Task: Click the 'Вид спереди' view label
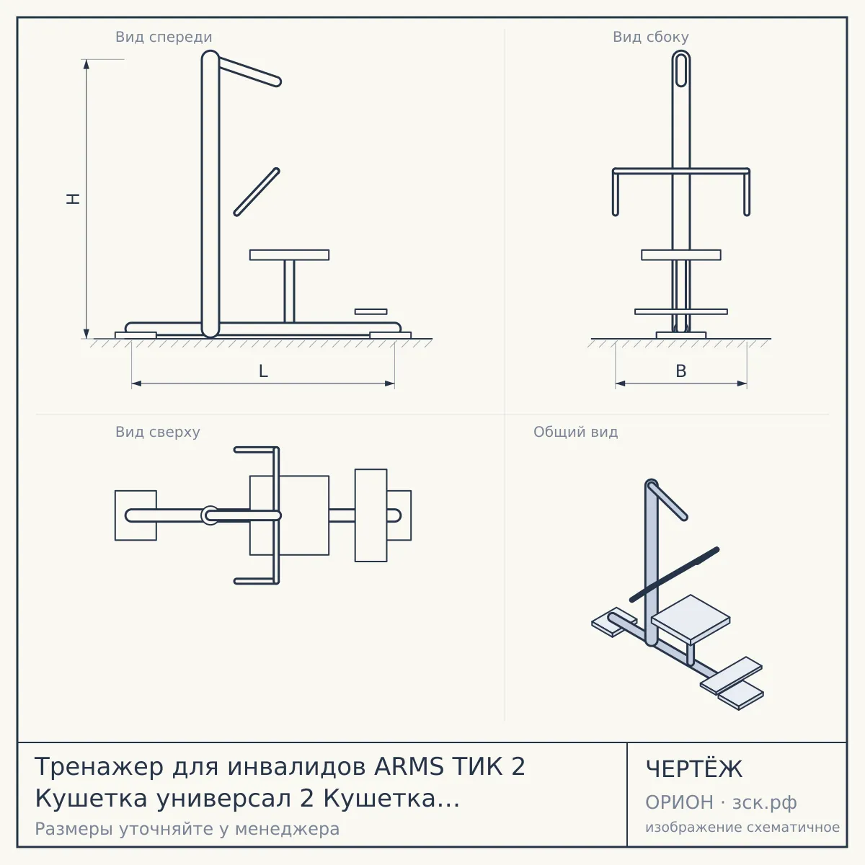(x=164, y=37)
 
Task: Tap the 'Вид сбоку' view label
(x=651, y=37)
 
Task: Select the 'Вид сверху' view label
(x=158, y=432)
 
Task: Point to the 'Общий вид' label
(x=575, y=432)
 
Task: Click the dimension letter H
(x=74, y=199)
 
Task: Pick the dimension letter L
(x=264, y=371)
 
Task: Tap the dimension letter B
(x=681, y=371)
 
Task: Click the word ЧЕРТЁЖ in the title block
(x=693, y=769)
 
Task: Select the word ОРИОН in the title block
(x=679, y=802)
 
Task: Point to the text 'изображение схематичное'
(x=742, y=828)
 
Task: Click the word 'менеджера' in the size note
(x=288, y=829)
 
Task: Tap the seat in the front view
(x=290, y=255)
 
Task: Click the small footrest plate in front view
(x=371, y=311)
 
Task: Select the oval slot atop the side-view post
(x=681, y=69)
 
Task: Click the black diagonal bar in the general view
(x=674, y=574)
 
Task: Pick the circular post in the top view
(x=209, y=515)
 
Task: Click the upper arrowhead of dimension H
(x=86, y=64)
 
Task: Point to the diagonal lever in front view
(x=257, y=192)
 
